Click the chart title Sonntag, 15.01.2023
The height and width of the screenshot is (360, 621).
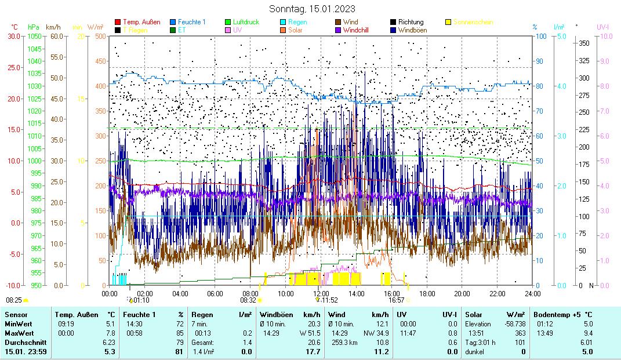pyautogui.click(x=312, y=9)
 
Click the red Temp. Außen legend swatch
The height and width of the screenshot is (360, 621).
pyautogui.click(x=118, y=22)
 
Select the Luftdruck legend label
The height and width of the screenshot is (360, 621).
pyautogui.click(x=246, y=22)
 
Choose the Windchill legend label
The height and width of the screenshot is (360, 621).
pyautogui.click(x=359, y=30)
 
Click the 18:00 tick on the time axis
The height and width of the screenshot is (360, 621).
pyautogui.click(x=427, y=293)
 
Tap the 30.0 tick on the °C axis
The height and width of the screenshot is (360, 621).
pyautogui.click(x=13, y=36)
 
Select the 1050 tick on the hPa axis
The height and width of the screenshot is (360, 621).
pyautogui.click(x=34, y=36)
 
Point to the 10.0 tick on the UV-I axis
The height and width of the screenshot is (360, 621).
pyautogui.click(x=605, y=36)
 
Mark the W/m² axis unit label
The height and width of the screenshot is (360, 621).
pyautogui.click(x=96, y=27)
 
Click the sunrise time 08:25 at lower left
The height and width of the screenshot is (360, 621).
pyautogui.click(x=14, y=300)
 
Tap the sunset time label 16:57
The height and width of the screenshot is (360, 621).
pyautogui.click(x=396, y=300)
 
